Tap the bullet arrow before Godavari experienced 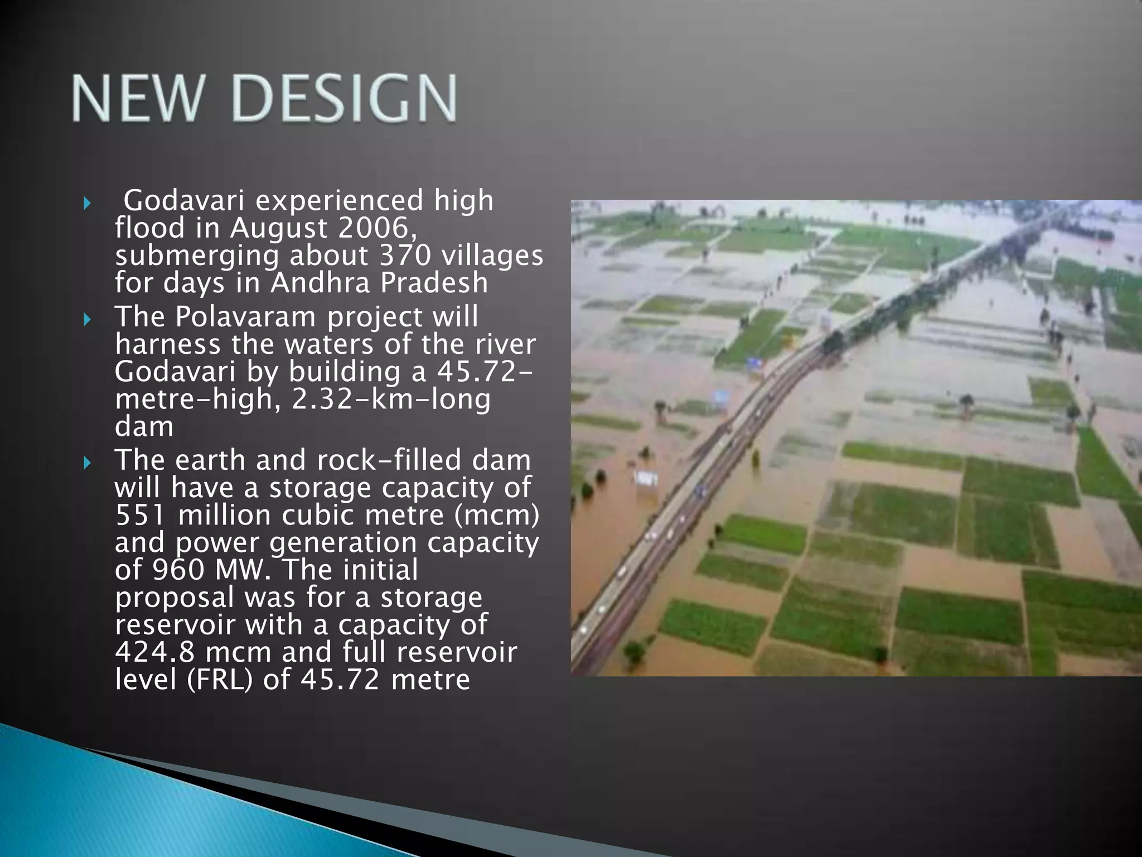[x=86, y=203]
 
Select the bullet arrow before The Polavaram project [x=86, y=320]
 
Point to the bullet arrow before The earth [x=86, y=463]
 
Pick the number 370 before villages [x=405, y=256]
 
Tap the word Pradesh [x=434, y=283]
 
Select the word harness [x=167, y=344]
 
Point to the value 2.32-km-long [x=391, y=399]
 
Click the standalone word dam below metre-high [x=144, y=427]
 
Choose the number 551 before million [x=140, y=515]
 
